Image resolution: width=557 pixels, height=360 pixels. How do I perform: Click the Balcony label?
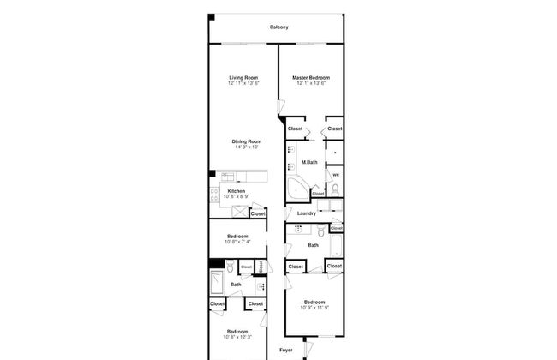(x=278, y=27)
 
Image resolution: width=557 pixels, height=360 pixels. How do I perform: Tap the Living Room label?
(x=243, y=78)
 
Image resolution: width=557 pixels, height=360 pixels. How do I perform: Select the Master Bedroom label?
(x=313, y=78)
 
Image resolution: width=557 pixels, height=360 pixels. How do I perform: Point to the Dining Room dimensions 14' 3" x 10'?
(x=246, y=147)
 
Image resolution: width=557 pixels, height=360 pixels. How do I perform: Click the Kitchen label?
(x=236, y=191)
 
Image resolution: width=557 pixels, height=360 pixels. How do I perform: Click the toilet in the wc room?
(x=335, y=189)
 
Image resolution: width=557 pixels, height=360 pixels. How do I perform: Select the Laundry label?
(x=307, y=213)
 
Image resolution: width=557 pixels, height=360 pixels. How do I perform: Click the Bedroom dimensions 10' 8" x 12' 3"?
(x=237, y=337)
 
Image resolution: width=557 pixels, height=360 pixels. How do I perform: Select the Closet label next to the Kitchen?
(x=257, y=213)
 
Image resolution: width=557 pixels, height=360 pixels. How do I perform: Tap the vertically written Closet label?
(x=261, y=267)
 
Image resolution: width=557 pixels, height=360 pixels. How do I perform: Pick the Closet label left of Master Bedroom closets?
(x=295, y=129)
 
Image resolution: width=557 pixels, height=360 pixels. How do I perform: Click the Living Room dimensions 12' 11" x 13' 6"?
(x=243, y=84)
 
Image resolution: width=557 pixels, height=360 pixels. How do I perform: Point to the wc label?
(x=336, y=175)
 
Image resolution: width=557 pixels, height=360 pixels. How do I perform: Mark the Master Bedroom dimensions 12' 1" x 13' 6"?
(x=313, y=84)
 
